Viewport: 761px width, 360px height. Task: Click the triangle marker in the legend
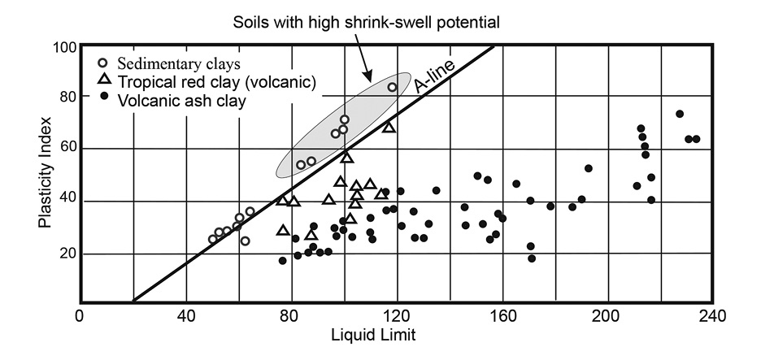pos(102,81)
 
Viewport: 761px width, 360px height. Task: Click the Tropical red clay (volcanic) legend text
pos(216,82)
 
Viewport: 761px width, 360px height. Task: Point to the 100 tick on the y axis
pos(65,47)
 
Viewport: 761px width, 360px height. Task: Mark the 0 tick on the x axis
pos(80,316)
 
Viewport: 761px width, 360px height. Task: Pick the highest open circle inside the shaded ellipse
pos(392,87)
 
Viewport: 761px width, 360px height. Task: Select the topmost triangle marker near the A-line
pos(389,127)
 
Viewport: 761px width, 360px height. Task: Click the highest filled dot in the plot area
pos(680,114)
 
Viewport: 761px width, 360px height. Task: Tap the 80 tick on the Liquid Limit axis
pos(290,316)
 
